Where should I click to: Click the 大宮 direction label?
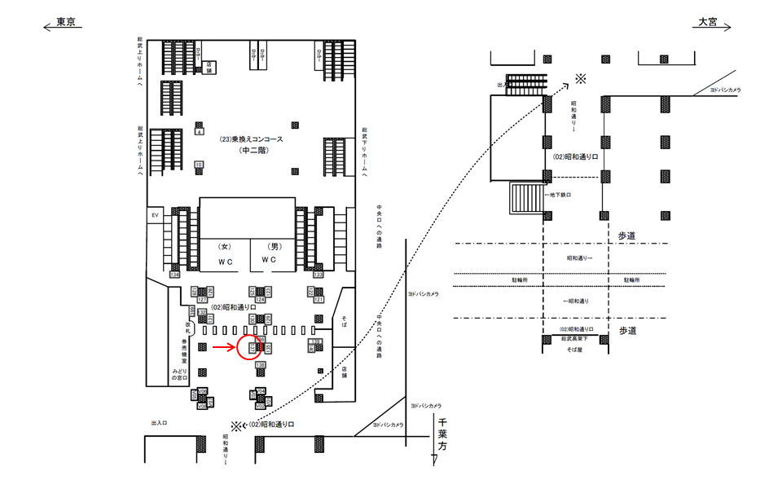pos(706,23)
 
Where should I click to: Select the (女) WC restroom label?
pos(225,253)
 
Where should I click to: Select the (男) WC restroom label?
pos(269,253)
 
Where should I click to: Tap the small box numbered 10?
pos(199,165)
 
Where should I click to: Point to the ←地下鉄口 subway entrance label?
pos(559,195)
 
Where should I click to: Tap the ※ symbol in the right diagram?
pos(580,78)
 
